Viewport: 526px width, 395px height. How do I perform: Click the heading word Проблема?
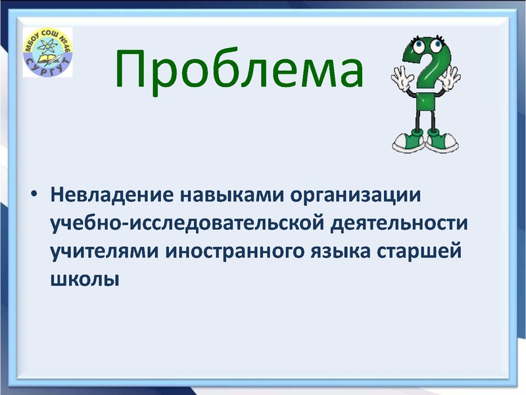tap(240, 69)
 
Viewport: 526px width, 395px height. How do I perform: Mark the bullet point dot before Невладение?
tap(34, 196)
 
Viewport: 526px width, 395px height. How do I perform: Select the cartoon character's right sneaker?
tap(444, 140)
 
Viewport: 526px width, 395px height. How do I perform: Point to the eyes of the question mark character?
tap(424, 45)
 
